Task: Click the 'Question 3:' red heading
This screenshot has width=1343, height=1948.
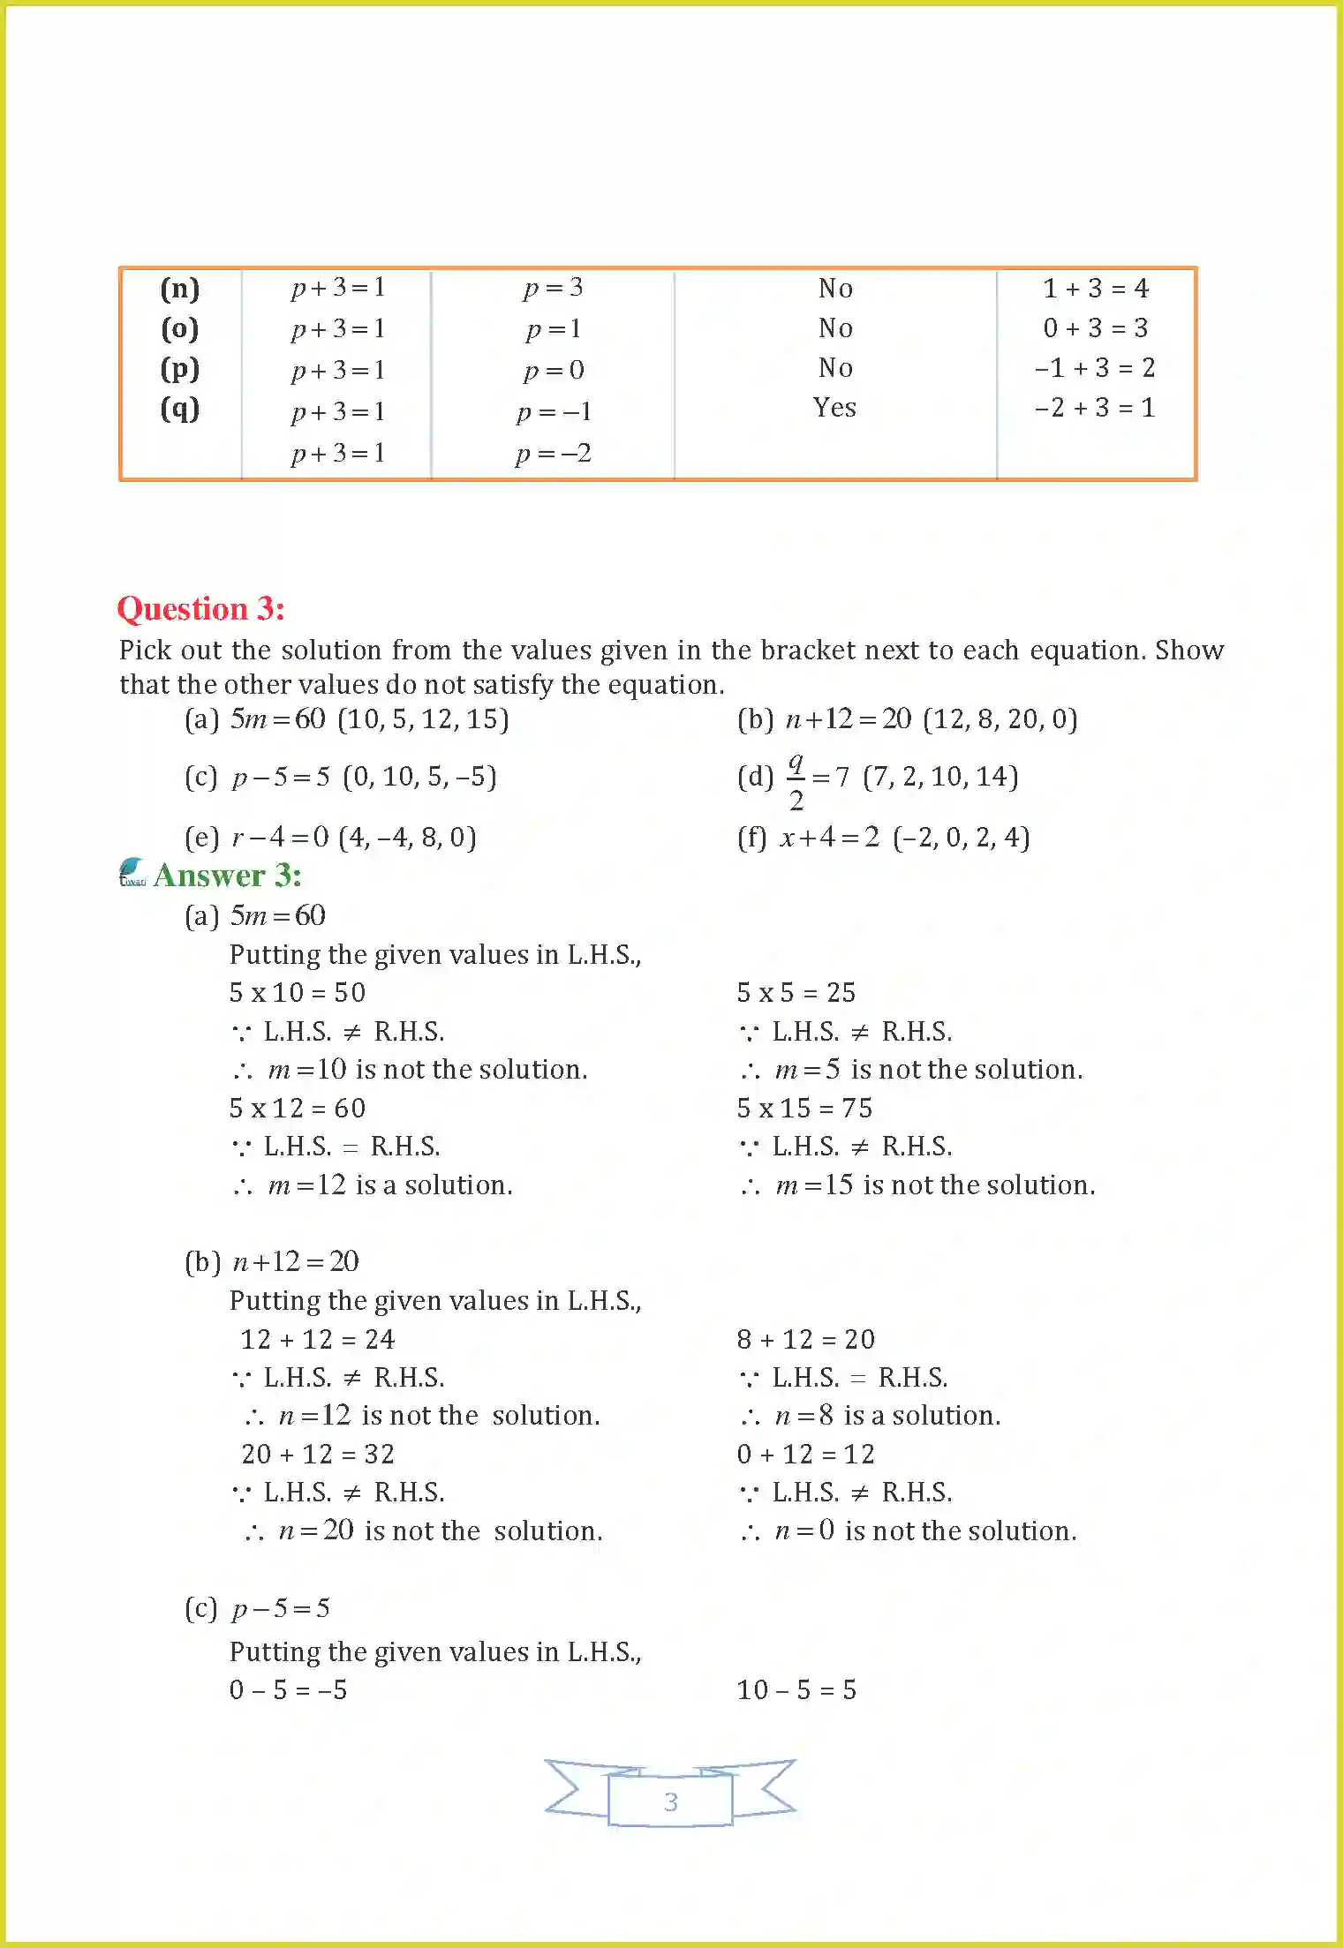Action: pyautogui.click(x=201, y=609)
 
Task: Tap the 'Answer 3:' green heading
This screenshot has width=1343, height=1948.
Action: pyautogui.click(x=228, y=876)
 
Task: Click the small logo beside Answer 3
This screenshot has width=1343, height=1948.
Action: pyautogui.click(x=132, y=872)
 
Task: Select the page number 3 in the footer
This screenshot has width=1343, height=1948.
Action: pyautogui.click(x=670, y=1801)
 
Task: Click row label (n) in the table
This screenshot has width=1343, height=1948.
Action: pyautogui.click(x=180, y=289)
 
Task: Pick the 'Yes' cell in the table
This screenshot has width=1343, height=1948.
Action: pyautogui.click(x=834, y=408)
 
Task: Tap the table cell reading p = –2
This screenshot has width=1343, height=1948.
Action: pyautogui.click(x=554, y=454)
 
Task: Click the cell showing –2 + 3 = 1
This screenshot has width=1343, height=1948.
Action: pyautogui.click(x=1095, y=408)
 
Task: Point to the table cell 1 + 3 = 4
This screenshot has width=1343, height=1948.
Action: pyautogui.click(x=1095, y=289)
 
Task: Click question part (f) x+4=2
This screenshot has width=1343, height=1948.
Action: pyautogui.click(x=883, y=837)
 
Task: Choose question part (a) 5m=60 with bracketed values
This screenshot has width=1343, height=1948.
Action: pyautogui.click(x=346, y=719)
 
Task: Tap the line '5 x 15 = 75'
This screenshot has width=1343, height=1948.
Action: pyautogui.click(x=804, y=1108)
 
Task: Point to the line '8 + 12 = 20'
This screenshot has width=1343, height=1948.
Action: pyautogui.click(x=805, y=1339)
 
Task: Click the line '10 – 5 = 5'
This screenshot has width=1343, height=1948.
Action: pyautogui.click(x=796, y=1689)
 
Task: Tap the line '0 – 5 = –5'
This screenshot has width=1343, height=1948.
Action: pyautogui.click(x=288, y=1689)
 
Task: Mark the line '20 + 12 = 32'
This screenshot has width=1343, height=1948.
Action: pyautogui.click(x=318, y=1454)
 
